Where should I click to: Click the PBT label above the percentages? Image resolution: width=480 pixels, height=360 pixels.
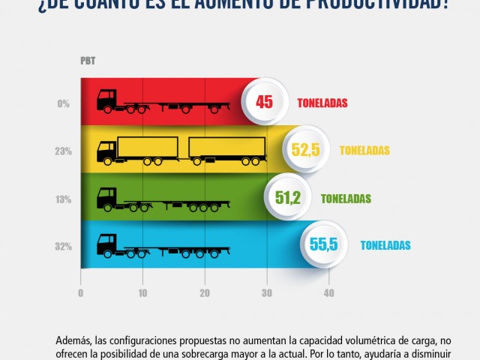pos(88,61)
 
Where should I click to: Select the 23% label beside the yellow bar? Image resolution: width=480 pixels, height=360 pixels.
pos(62,151)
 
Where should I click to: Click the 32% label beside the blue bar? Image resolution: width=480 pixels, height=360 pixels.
pos(62,244)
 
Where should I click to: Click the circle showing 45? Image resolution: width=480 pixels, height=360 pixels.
pos(264,102)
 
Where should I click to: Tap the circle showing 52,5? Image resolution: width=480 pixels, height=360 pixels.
pos(305,150)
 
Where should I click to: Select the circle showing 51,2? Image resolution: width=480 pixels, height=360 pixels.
pos(287,198)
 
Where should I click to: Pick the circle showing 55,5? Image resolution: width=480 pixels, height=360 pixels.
pos(323,244)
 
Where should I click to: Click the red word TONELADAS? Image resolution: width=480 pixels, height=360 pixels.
pos(322,103)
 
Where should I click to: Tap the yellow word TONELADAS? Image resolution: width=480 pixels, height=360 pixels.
pos(364,150)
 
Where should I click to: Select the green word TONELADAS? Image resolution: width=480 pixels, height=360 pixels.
pos(346,199)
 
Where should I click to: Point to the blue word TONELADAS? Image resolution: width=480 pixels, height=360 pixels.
pos(385,244)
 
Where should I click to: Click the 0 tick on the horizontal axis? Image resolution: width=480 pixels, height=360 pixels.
pos(80,293)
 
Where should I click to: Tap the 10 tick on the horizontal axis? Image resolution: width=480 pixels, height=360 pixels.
pos(142,293)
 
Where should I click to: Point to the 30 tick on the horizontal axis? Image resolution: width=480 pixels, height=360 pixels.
pos(266,293)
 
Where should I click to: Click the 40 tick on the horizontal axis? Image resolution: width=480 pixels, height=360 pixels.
pos(328,293)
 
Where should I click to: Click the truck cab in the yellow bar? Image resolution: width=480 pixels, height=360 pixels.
pos(107,151)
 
